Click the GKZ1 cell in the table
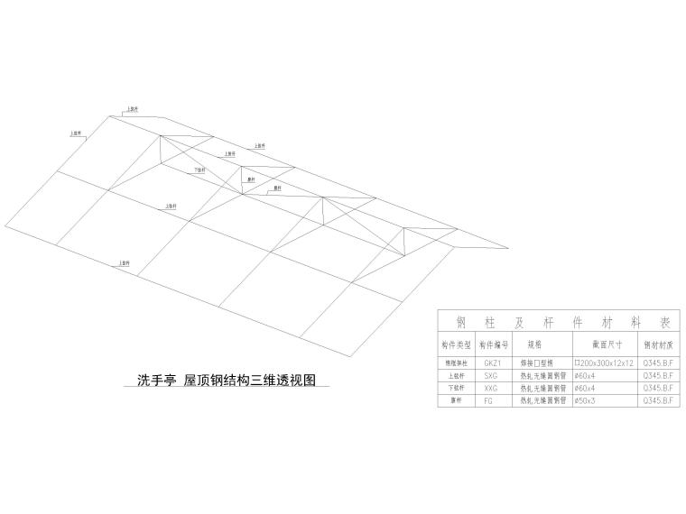(490, 363)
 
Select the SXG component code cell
(490, 374)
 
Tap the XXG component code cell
(490, 387)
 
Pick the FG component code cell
(490, 399)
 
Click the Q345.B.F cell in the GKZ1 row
(659, 363)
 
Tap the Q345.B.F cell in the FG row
(659, 399)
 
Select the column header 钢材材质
(659, 344)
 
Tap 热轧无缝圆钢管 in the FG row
(542, 399)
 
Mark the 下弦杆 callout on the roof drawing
(199, 170)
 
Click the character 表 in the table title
(665, 322)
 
